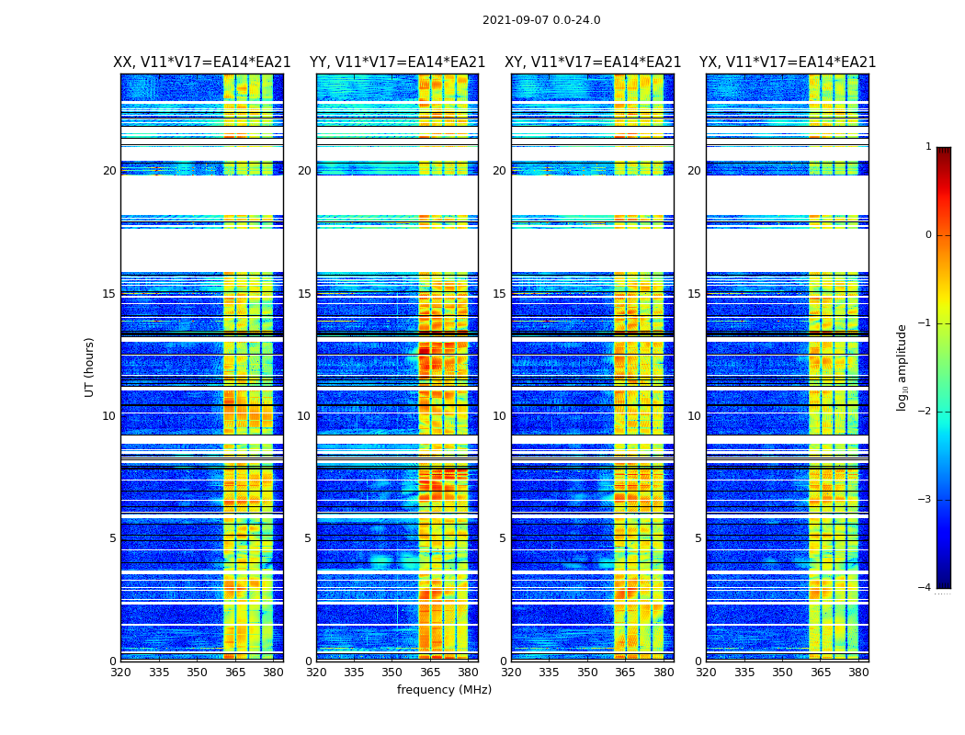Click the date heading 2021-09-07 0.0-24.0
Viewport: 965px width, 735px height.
(x=541, y=20)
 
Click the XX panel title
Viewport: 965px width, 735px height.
(x=202, y=62)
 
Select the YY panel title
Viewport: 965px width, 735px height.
(x=397, y=62)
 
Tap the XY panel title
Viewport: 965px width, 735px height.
(x=593, y=62)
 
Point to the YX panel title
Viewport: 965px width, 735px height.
(x=788, y=62)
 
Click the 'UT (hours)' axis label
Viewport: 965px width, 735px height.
(x=90, y=367)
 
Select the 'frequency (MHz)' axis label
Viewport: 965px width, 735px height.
(x=444, y=690)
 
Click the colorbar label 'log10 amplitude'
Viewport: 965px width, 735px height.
(x=903, y=367)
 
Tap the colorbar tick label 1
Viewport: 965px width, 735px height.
(x=928, y=147)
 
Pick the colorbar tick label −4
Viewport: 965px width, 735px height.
(x=925, y=588)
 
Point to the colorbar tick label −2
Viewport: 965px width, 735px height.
(x=925, y=412)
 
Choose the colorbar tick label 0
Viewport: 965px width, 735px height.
(x=928, y=235)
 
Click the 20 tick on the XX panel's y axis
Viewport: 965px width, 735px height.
(x=109, y=171)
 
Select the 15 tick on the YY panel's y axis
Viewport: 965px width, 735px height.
(x=304, y=294)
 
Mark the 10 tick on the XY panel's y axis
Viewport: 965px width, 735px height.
(x=499, y=416)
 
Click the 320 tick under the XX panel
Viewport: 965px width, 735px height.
(x=121, y=673)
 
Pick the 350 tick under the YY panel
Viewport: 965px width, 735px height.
(x=392, y=673)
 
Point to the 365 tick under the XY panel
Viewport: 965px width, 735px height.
(x=625, y=673)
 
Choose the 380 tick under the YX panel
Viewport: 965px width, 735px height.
(x=858, y=673)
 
